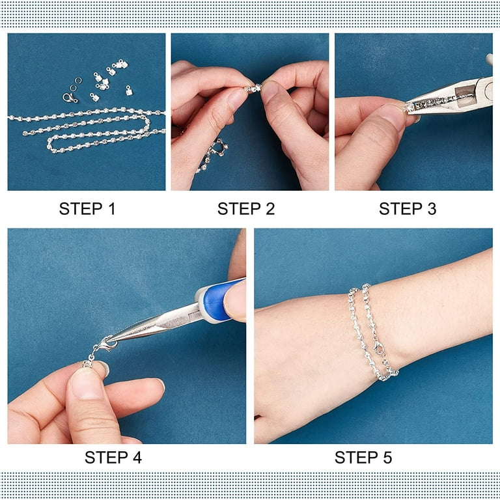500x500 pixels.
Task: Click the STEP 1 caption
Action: point(87,209)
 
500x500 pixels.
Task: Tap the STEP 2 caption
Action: point(246,209)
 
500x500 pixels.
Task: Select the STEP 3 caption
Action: point(408,209)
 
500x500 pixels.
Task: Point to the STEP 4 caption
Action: point(113,457)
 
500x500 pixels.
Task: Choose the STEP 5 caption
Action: point(363,457)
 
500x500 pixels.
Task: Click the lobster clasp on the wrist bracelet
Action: point(379,349)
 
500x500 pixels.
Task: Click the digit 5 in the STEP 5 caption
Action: point(387,457)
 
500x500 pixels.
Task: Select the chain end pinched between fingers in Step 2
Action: point(254,88)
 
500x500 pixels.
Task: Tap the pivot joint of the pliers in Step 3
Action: point(488,91)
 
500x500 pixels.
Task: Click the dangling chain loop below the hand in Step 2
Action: point(212,156)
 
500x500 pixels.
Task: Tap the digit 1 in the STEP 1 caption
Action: point(111,209)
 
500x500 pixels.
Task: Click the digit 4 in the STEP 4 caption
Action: point(137,457)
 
